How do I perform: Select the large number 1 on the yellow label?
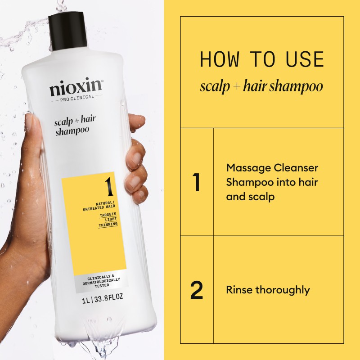pos(108,185)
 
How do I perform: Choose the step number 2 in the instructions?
pos(197,290)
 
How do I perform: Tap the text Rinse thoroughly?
pos(268,290)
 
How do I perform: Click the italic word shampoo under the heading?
pos(299,86)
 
